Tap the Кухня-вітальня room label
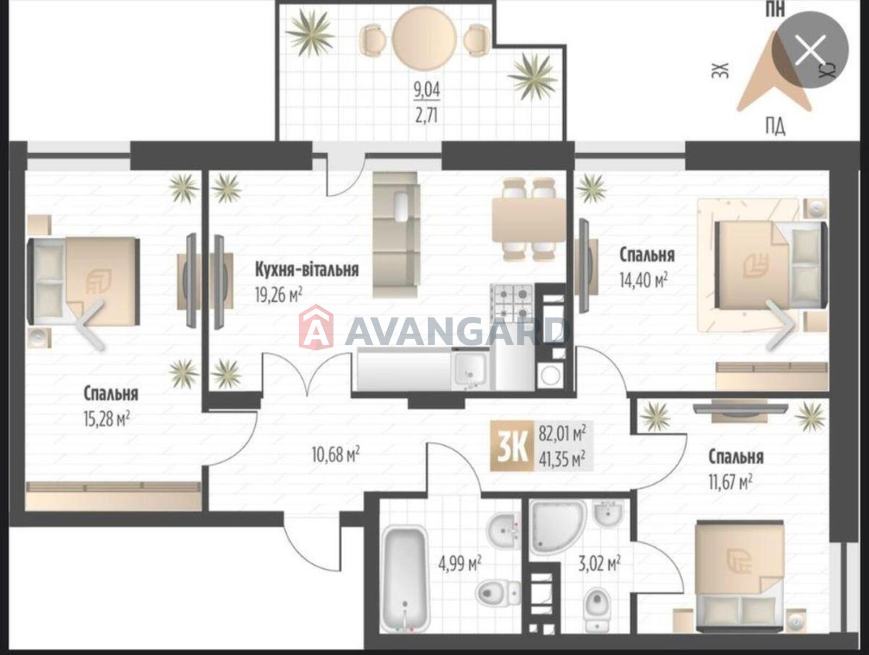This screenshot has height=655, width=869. point(307,270)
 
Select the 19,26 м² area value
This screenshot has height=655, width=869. point(279,296)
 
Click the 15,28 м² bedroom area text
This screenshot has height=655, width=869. point(107,419)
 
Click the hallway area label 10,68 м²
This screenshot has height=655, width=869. point(336,455)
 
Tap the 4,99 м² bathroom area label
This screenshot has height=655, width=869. point(459,564)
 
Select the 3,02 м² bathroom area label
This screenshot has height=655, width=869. point(600,564)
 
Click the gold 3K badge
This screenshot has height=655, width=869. point(512,446)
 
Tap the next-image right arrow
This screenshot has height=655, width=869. point(780,325)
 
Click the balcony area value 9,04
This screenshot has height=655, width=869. point(427,91)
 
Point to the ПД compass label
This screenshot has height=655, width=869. point(775,128)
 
